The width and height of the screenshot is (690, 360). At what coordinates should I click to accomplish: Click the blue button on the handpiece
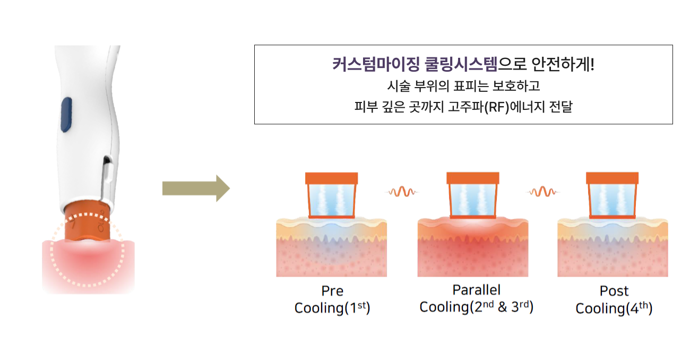coord(66,115)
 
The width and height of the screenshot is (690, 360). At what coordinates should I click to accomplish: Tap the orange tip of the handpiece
coord(87,221)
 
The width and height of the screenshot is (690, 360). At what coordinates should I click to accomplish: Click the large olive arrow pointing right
coord(196,188)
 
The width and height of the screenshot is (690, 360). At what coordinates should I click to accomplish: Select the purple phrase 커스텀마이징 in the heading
coord(376,65)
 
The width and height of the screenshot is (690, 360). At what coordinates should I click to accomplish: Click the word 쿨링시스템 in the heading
coord(461,65)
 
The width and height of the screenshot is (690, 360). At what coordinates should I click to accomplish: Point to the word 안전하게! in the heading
coord(563,65)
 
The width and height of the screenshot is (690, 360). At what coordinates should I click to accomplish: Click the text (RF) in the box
coord(497,107)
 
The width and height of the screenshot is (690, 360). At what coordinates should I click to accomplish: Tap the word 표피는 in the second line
coord(471,86)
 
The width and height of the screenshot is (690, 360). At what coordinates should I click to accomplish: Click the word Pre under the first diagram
coord(332,291)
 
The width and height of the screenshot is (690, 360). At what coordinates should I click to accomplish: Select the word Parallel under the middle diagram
coord(476,290)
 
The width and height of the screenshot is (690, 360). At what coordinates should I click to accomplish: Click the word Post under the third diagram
coord(614,291)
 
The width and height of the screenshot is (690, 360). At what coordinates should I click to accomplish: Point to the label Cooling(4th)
coord(614,308)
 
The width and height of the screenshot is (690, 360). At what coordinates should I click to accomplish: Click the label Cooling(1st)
coord(332,307)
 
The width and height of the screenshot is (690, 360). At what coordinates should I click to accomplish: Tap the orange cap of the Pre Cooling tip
coord(331,178)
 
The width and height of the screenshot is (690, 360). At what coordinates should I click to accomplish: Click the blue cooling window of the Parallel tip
coord(473,200)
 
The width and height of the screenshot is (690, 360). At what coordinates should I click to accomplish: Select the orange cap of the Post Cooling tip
coord(612,178)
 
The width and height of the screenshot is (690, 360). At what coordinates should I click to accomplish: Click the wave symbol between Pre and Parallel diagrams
coord(402,192)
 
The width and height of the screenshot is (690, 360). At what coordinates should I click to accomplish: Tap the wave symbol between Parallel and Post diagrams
coord(543,192)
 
